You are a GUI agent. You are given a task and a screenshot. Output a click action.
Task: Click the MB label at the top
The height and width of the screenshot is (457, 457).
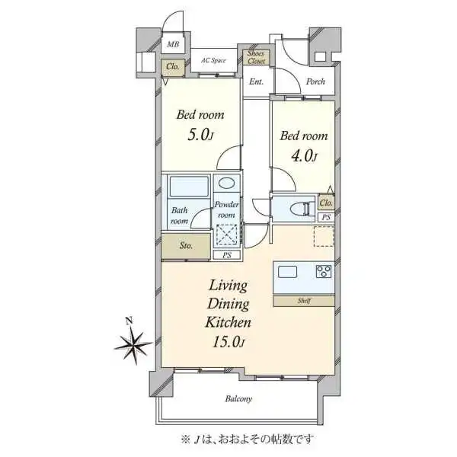(x=173, y=46)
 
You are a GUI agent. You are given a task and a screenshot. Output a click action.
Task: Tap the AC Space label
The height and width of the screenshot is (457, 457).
(x=214, y=59)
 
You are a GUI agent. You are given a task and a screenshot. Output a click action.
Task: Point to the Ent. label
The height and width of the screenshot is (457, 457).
(x=256, y=82)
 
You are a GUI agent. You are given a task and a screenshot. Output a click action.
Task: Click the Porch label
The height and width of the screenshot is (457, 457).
(x=315, y=82)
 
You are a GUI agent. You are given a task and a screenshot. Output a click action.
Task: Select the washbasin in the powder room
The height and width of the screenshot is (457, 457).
(x=226, y=185)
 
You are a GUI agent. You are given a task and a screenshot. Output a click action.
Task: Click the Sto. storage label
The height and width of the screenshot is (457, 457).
(x=185, y=246)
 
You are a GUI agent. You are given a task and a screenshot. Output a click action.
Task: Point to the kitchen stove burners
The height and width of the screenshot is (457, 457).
(x=323, y=273)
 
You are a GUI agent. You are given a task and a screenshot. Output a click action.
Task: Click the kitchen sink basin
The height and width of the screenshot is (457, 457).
(x=289, y=272)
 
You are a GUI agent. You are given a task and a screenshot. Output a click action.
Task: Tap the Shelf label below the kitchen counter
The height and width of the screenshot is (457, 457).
(x=302, y=301)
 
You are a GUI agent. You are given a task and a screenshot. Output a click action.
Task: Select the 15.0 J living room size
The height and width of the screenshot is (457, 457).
(x=226, y=340)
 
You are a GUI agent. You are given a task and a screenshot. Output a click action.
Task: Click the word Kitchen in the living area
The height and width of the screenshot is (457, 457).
(x=227, y=321)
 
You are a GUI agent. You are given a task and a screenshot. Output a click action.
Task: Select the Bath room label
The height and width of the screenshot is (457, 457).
(x=179, y=216)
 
